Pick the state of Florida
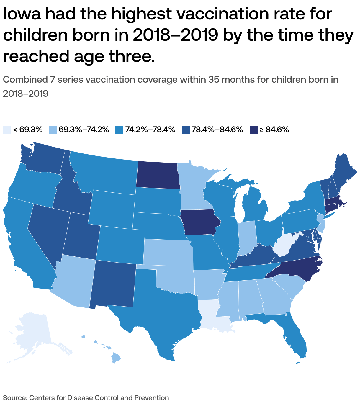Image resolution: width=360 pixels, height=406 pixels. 295,336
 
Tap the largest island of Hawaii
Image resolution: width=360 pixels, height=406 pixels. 117,359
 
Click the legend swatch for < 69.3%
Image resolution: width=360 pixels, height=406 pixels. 7,130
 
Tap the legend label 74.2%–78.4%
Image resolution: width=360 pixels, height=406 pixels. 150,130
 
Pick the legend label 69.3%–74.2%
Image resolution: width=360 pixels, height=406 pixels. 84,130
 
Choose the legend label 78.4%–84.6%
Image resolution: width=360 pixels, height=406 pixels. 217,130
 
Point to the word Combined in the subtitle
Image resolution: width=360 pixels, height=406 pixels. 24,80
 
